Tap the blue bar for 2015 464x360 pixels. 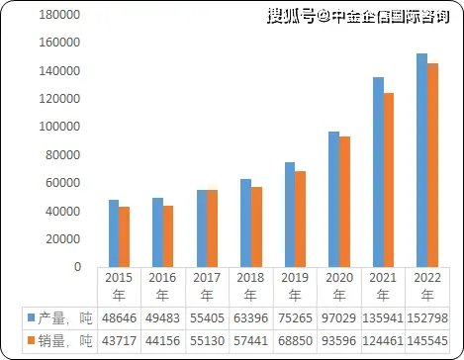(x=114, y=233)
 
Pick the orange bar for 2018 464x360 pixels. (x=256, y=226)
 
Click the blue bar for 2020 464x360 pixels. (x=333, y=199)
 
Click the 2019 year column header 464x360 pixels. (x=296, y=286)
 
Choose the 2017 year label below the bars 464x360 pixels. (x=207, y=286)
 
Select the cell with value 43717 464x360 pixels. (x=119, y=341)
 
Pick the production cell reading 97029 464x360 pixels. (x=340, y=317)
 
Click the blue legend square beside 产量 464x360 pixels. (x=31, y=317)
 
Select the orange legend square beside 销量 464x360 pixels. (x=31, y=341)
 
